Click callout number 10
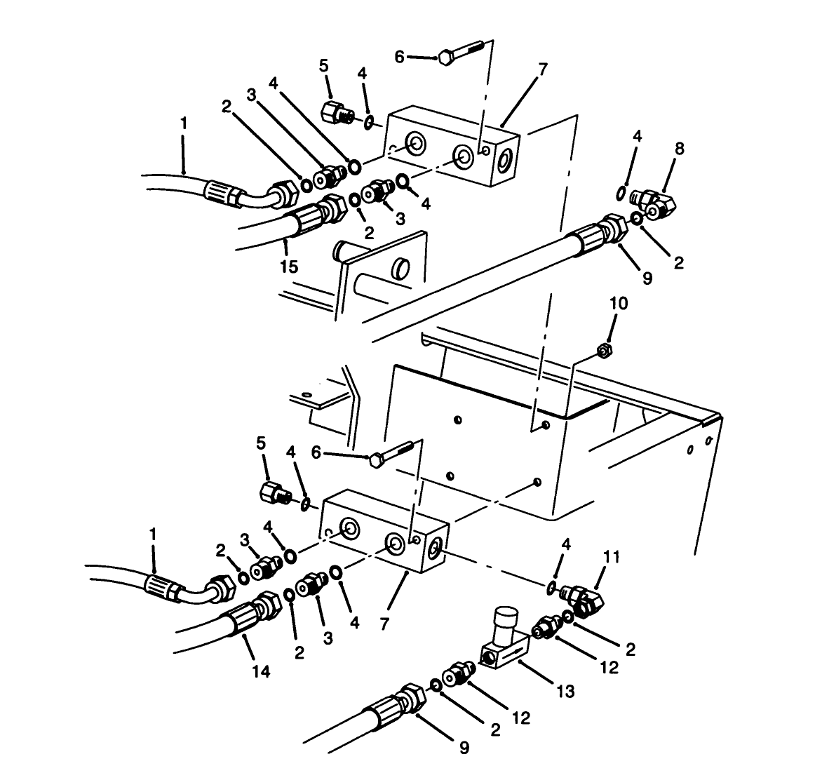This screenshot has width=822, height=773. (x=619, y=304)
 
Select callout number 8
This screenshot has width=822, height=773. (x=679, y=149)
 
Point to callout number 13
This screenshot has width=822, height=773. (x=565, y=692)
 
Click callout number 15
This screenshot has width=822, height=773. (x=289, y=267)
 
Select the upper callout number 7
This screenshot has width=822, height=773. (x=543, y=69)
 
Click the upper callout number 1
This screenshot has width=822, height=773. (x=184, y=123)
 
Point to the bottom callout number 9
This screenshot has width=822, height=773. (x=464, y=748)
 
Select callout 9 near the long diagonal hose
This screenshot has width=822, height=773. (x=647, y=278)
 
